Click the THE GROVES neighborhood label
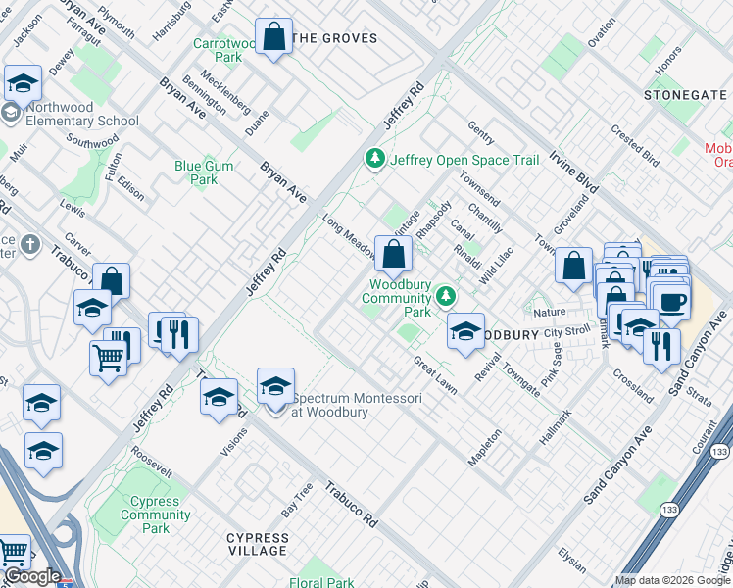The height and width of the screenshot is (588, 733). tap(335, 38)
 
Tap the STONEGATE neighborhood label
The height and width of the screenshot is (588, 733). tap(686, 94)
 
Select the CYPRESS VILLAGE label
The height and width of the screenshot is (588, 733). tap(258, 545)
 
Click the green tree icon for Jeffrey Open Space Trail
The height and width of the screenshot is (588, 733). tap(374, 159)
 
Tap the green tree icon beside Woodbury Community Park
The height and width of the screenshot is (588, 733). tap(446, 295)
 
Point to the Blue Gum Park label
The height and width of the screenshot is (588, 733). tap(204, 172)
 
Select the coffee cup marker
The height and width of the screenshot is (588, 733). tap(673, 302)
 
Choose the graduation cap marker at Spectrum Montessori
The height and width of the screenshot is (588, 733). tap(276, 386)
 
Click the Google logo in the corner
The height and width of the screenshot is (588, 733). tap(31, 577)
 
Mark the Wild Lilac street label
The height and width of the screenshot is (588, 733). tap(496, 268)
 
